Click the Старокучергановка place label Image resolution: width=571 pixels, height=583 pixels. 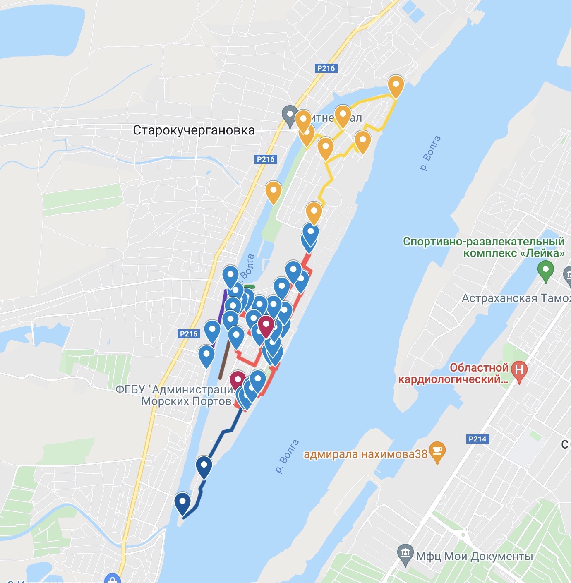[194, 130]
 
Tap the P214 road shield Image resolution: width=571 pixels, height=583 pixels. [477, 439]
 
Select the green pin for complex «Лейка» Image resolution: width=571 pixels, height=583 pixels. [545, 270]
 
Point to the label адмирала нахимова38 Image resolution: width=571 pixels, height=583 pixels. [365, 454]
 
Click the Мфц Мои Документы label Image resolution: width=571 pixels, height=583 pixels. [474, 556]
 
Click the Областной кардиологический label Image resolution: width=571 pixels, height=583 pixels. [453, 374]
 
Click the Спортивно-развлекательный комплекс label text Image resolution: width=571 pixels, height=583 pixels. [484, 247]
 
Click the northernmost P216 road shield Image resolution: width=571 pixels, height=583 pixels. [326, 68]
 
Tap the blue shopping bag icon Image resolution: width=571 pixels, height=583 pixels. [112, 579]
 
